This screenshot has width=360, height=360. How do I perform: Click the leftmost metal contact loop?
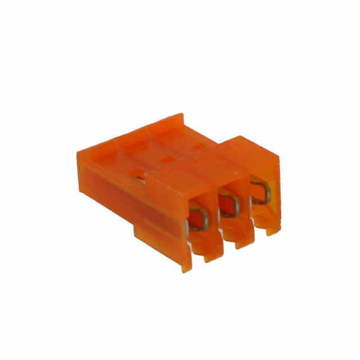198,218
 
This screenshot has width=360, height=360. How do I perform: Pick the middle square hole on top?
167,160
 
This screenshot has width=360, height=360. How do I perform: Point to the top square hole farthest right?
197,147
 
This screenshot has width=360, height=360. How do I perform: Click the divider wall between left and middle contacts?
214,217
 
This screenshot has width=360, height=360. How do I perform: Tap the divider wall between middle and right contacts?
245,204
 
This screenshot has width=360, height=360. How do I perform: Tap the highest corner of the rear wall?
182,115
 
